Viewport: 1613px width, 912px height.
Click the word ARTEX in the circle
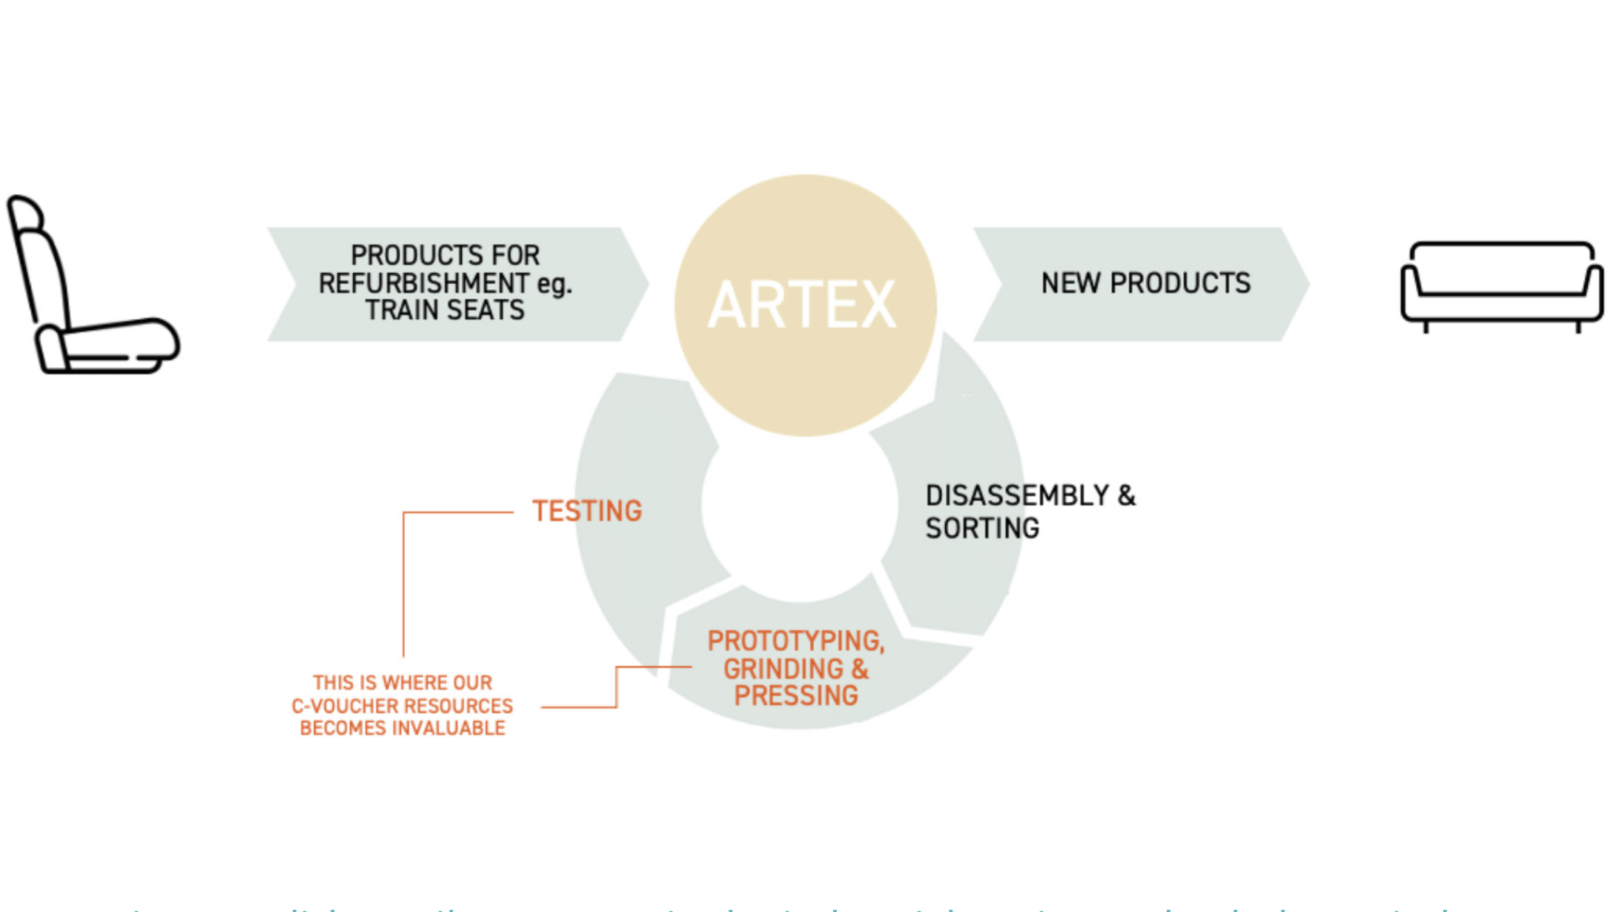pyautogui.click(x=803, y=305)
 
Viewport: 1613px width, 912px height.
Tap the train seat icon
pyautogui.click(x=89, y=289)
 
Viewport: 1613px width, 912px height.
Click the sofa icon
pyautogui.click(x=1502, y=285)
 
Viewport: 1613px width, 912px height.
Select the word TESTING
pyautogui.click(x=587, y=511)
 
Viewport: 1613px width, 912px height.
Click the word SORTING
pyautogui.click(x=982, y=528)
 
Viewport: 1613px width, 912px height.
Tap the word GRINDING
pyautogui.click(x=784, y=669)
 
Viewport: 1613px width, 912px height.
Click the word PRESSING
pyautogui.click(x=796, y=695)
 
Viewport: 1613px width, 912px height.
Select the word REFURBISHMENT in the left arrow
pyautogui.click(x=424, y=283)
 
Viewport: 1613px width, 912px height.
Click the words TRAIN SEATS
pyautogui.click(x=445, y=310)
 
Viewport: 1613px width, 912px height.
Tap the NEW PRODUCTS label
pyautogui.click(x=1145, y=283)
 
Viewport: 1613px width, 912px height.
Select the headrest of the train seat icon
pyautogui.click(x=26, y=214)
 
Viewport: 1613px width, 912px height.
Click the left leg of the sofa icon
pyautogui.click(x=1425, y=326)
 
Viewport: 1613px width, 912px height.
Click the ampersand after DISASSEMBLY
pyautogui.click(x=1126, y=495)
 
